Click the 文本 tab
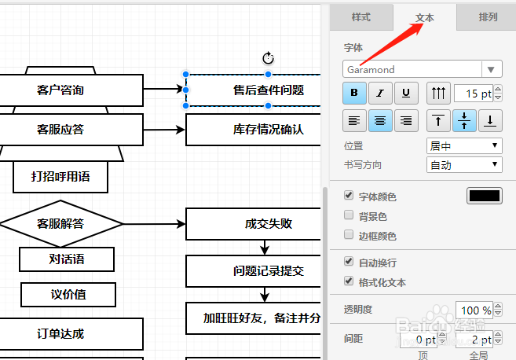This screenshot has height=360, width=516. point(424,17)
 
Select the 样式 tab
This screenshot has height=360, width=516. point(360,17)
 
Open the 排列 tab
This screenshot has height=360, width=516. point(488,17)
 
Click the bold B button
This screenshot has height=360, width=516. point(353,94)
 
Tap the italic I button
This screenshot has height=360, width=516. point(380,94)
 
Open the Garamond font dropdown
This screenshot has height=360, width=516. point(422,69)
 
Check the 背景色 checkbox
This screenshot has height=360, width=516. point(349,215)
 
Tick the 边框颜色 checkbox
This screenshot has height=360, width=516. point(349,235)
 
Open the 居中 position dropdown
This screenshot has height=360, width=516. point(463,145)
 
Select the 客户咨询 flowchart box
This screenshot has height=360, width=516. point(71,90)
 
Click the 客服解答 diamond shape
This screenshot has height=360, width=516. point(60,223)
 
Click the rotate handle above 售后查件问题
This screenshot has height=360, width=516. point(267,58)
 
